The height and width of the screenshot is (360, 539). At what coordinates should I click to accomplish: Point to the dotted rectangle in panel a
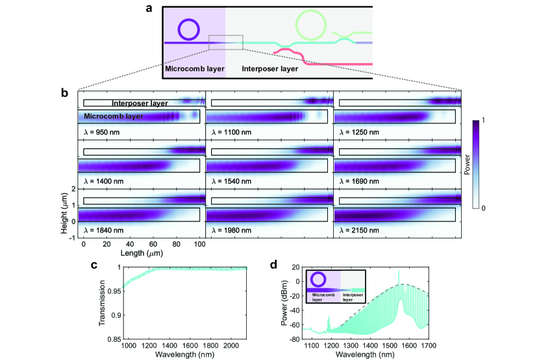point(225,42)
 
